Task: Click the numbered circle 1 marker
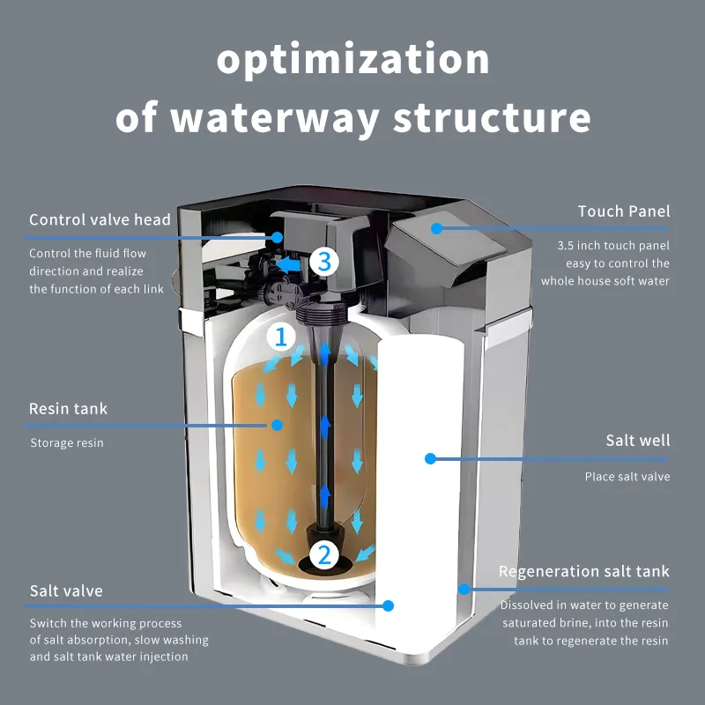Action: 281,336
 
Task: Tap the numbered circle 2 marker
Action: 324,554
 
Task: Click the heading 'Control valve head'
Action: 100,220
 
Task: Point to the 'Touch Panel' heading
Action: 623,211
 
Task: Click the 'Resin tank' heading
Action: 68,409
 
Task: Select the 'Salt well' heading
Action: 637,441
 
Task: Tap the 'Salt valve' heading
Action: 66,590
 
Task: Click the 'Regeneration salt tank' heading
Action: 583,572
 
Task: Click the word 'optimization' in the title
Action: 352,60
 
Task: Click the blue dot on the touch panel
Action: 436,228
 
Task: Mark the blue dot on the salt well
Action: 430,458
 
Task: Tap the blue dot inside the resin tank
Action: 277,425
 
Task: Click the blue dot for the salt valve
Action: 388,605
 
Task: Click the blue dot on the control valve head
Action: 278,237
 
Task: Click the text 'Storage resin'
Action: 66,442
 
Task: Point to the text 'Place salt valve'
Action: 627,477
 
